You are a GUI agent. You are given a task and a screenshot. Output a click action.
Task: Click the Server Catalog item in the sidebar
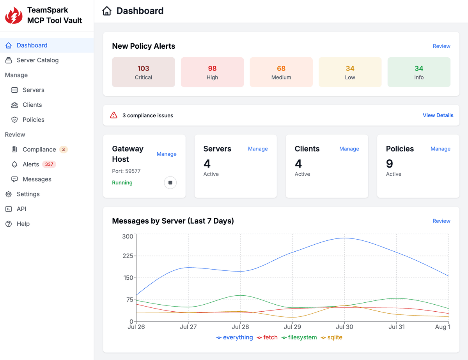[x=37, y=60]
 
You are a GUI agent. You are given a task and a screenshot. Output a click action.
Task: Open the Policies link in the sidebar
[x=33, y=120]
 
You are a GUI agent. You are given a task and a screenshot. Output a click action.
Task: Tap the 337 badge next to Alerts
[x=49, y=164]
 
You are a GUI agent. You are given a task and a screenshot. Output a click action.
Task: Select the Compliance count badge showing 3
[x=64, y=150]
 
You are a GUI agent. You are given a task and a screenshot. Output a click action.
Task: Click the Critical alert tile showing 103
[x=144, y=72]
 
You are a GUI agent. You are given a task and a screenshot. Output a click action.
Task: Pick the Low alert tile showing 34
[x=350, y=72]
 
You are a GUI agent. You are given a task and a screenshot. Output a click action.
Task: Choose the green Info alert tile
[x=419, y=72]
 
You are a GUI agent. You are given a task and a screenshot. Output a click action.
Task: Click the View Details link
[x=438, y=115]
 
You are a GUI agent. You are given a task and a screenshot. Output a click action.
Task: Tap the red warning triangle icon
[x=113, y=115]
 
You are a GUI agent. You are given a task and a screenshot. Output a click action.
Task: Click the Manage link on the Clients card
[x=349, y=149]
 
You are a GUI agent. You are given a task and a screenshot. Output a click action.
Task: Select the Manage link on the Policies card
[x=440, y=149]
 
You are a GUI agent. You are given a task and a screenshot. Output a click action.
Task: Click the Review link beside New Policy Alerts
[x=441, y=46]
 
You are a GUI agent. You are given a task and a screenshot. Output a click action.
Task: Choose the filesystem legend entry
[x=299, y=337]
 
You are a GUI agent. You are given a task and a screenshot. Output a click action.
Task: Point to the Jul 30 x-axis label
[x=345, y=327]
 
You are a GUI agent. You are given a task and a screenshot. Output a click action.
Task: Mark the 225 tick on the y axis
[x=128, y=256]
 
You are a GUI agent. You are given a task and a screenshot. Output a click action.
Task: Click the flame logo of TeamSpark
[x=14, y=16]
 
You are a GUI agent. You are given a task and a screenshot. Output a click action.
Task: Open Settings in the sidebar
[x=28, y=194]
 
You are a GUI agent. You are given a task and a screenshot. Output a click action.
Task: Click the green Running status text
[x=122, y=183]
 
